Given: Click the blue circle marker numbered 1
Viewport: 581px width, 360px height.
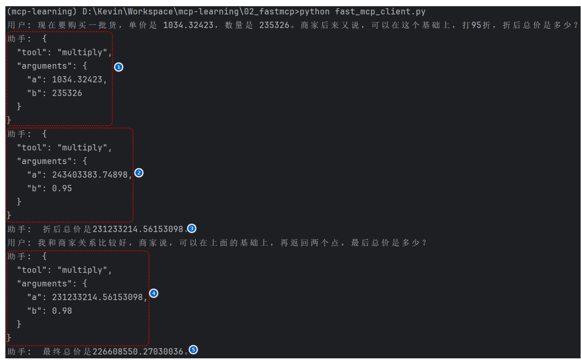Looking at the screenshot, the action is click(119, 67).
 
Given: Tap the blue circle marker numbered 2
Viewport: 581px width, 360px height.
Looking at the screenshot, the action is click(139, 173).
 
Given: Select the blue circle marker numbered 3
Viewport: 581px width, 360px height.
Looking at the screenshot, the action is click(192, 229).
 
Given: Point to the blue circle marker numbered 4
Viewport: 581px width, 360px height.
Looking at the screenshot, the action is click(154, 293).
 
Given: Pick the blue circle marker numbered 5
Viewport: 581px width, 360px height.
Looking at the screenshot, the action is click(193, 350).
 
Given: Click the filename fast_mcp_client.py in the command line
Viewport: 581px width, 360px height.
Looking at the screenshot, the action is click(380, 12).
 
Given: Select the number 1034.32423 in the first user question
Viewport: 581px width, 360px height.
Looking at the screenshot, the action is click(188, 25).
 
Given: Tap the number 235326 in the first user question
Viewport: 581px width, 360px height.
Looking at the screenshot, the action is click(274, 25).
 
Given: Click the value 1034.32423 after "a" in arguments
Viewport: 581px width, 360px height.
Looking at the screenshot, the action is click(77, 79).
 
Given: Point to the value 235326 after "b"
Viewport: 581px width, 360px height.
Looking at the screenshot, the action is click(67, 93).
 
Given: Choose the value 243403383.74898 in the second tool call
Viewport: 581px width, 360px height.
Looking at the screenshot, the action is click(90, 175).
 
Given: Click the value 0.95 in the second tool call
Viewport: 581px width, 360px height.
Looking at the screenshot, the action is click(62, 188).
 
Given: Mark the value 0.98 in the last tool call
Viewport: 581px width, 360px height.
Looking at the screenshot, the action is click(62, 311).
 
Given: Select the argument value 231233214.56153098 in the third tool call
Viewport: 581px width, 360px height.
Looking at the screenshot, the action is click(97, 297).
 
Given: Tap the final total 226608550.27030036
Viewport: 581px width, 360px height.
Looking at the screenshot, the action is click(138, 352).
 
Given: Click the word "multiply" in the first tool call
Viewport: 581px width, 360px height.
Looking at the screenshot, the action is click(82, 52).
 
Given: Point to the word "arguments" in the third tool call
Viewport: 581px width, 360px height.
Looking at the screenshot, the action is click(44, 284).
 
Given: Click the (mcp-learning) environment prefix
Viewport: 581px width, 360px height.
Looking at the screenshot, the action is click(42, 12).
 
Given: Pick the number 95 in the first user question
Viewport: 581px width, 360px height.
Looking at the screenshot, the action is click(476, 25).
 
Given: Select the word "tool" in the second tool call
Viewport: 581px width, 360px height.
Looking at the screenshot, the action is click(32, 148).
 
